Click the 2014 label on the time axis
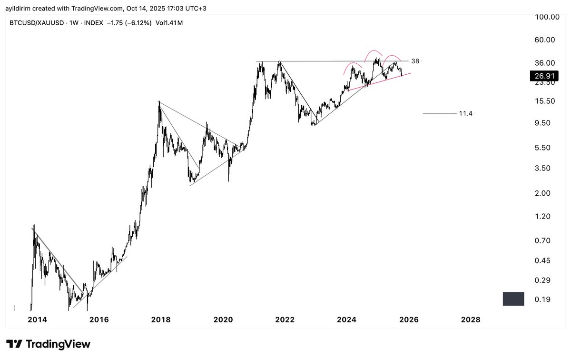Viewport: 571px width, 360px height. tap(37, 320)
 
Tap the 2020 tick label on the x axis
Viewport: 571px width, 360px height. tap(224, 320)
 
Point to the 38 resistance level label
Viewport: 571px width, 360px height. tap(415, 61)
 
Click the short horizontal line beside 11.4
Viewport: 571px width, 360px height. tap(439, 113)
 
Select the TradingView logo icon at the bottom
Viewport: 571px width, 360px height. tap(15, 344)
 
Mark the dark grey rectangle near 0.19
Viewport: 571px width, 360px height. tap(513, 299)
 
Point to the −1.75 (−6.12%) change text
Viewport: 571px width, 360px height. tap(128, 22)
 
